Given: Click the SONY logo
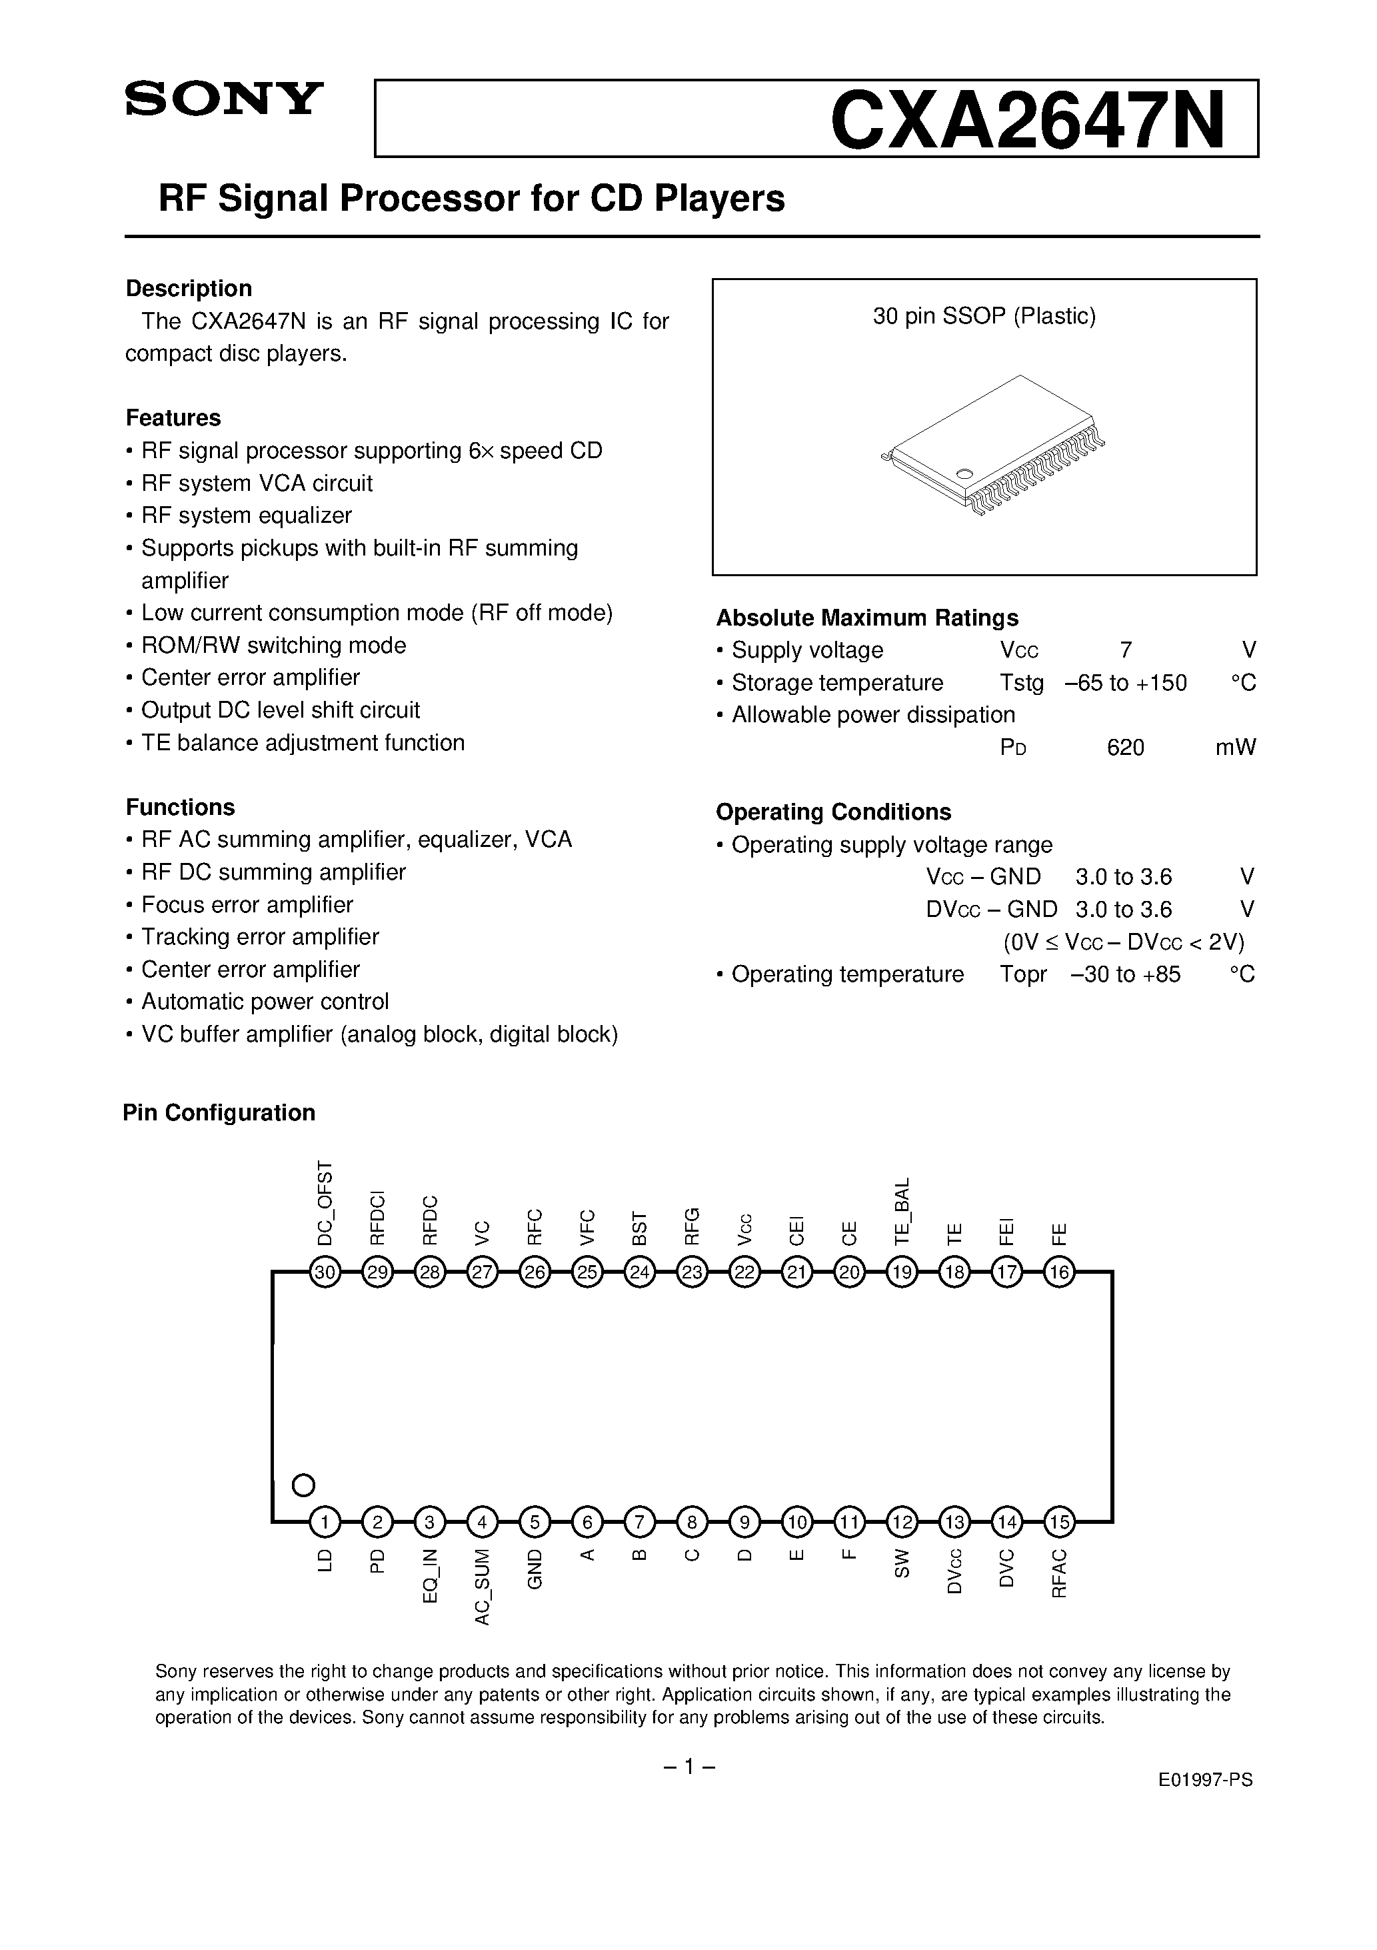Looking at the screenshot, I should click(224, 99).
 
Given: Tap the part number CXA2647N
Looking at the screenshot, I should click(1027, 121).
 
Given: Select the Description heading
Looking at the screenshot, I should click(189, 289).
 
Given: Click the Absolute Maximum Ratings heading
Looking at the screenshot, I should click(866, 618).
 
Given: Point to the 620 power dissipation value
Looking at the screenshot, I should click(1125, 748).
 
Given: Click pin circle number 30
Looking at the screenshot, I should click(325, 1272).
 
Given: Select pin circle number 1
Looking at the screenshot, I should click(325, 1522).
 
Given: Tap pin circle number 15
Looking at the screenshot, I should click(1058, 1522).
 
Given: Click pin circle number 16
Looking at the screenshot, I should click(1058, 1272).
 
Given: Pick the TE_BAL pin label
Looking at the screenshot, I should click(902, 1211).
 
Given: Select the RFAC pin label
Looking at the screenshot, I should click(1058, 1574).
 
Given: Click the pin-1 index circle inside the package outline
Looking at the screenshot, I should click(303, 1485).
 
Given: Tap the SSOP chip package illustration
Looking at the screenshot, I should click(993, 446).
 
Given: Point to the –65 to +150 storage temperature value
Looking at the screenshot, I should click(1125, 683).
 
